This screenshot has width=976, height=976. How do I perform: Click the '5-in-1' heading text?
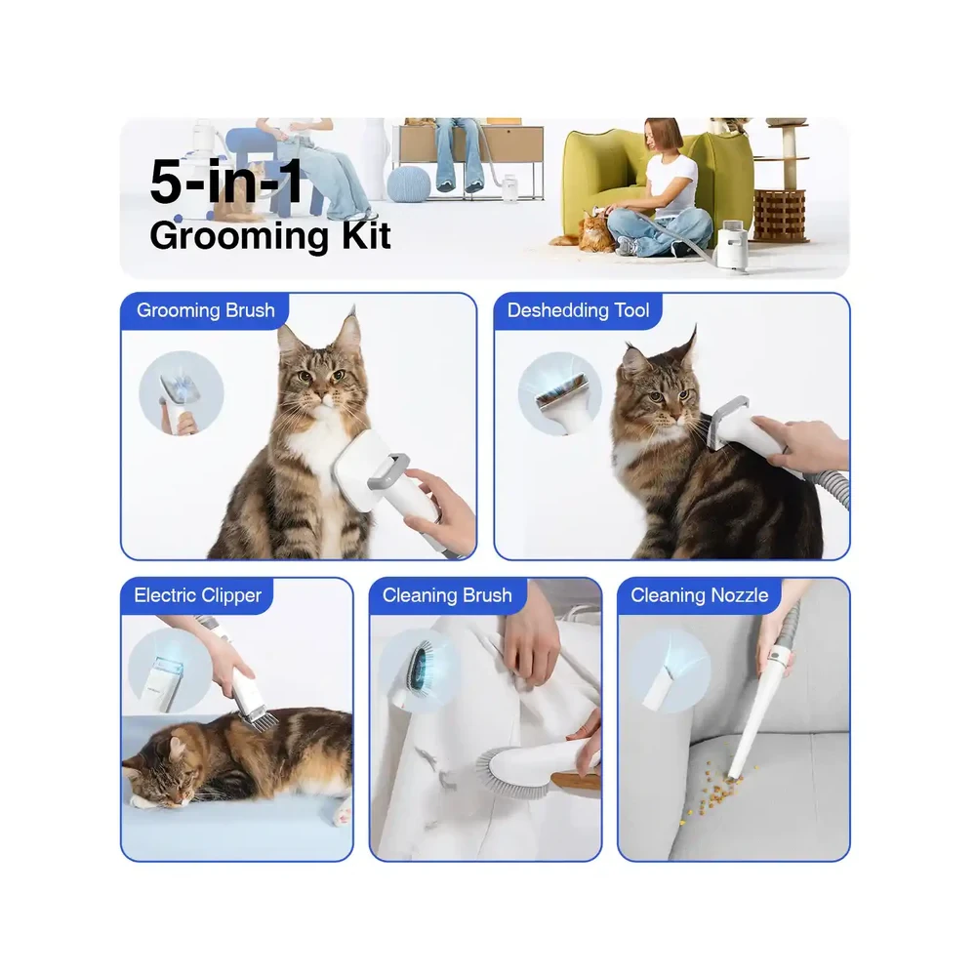pos(226,182)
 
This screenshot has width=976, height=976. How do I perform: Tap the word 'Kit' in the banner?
pos(367,235)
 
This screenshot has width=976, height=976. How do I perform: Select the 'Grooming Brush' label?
pos(205,310)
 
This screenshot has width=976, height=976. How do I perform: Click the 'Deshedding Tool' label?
pos(578,310)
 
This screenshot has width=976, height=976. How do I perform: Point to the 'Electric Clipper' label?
pos(198,595)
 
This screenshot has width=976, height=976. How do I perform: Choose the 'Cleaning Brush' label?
pos(447,595)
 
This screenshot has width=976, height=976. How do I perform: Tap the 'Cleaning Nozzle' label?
pos(700,595)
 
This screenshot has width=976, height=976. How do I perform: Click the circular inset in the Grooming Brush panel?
pos(182,393)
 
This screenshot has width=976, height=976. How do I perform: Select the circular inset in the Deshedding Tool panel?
pos(560,393)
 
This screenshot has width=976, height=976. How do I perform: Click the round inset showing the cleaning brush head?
pos(420,671)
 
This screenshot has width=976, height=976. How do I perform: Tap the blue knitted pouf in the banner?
pos(408,184)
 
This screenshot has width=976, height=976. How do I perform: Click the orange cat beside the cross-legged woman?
pos(584,233)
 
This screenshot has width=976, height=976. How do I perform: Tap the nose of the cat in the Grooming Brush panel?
pos(319,396)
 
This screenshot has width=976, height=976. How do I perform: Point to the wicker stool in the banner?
pos(779,216)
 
